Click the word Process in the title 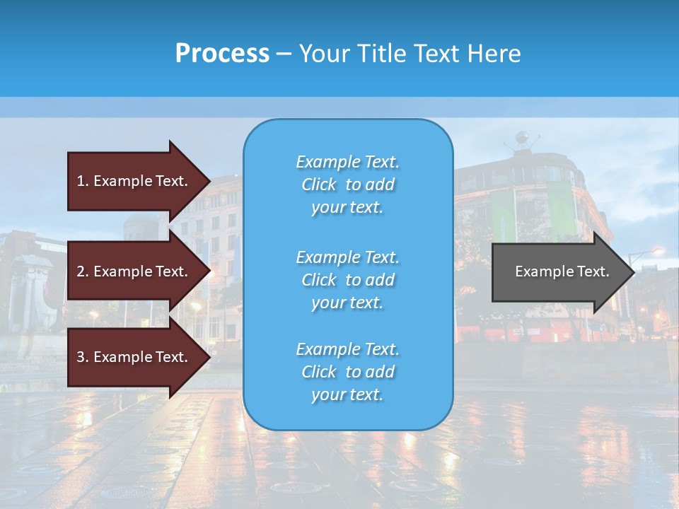(222, 54)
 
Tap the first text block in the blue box (347, 185)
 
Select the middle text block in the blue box (347, 280)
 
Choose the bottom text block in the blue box (347, 372)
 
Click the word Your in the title (322, 54)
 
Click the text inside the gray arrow (562, 271)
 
